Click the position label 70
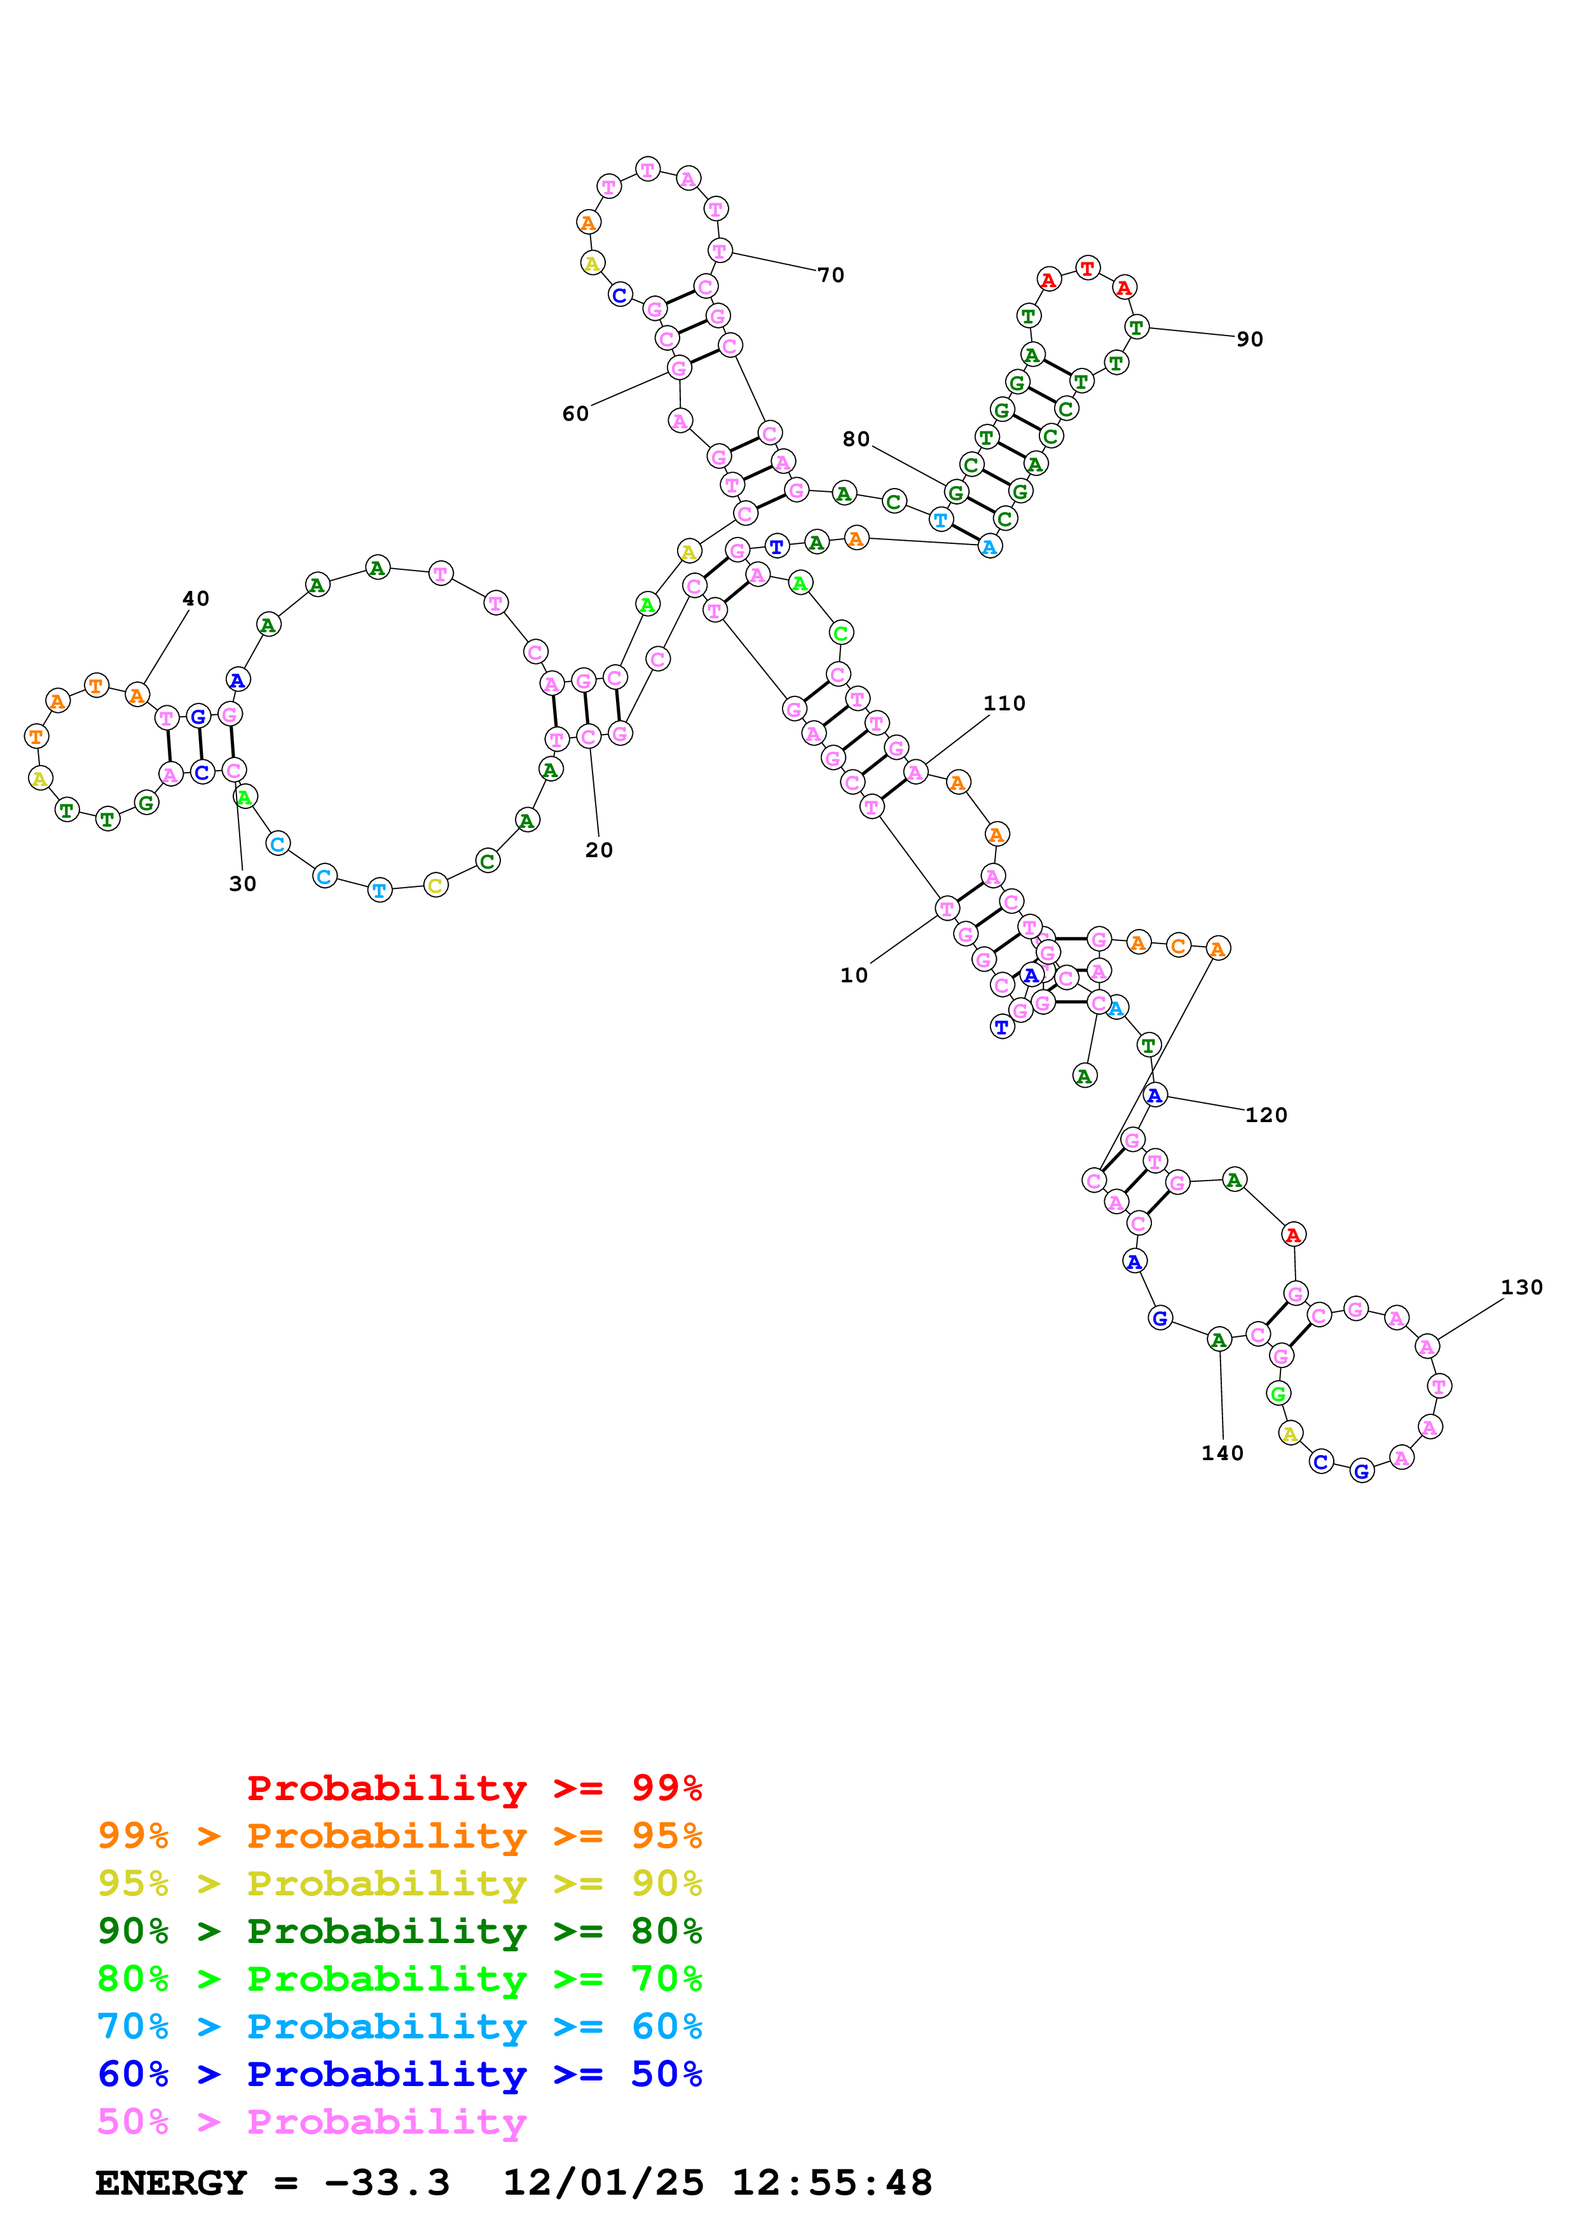(830, 274)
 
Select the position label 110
(1003, 703)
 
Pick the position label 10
(854, 975)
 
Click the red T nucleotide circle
(1088, 268)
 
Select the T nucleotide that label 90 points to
(1136, 327)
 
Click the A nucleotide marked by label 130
(1427, 1346)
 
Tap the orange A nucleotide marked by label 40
(138, 695)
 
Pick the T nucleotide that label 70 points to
(718, 250)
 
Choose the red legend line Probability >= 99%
(474, 1787)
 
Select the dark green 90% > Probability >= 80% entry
(399, 1931)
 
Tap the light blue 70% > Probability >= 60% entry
(399, 2026)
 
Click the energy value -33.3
(387, 2183)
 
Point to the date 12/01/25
(602, 2183)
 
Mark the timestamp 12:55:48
(831, 2183)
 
